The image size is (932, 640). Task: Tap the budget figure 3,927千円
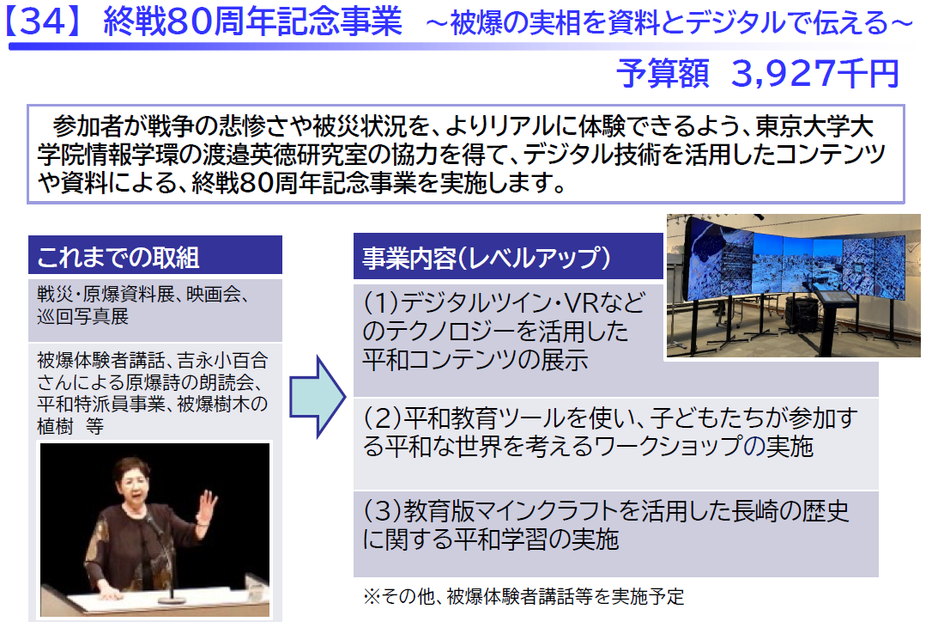tap(815, 75)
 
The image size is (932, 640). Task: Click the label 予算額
tap(663, 75)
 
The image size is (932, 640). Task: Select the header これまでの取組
tap(118, 258)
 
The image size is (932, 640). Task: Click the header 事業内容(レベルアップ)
tap(487, 258)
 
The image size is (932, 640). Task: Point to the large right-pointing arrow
tap(318, 397)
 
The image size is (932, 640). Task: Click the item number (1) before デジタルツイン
tap(380, 303)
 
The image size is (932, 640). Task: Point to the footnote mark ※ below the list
tap(372, 596)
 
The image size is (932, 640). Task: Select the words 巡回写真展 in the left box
tap(82, 316)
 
